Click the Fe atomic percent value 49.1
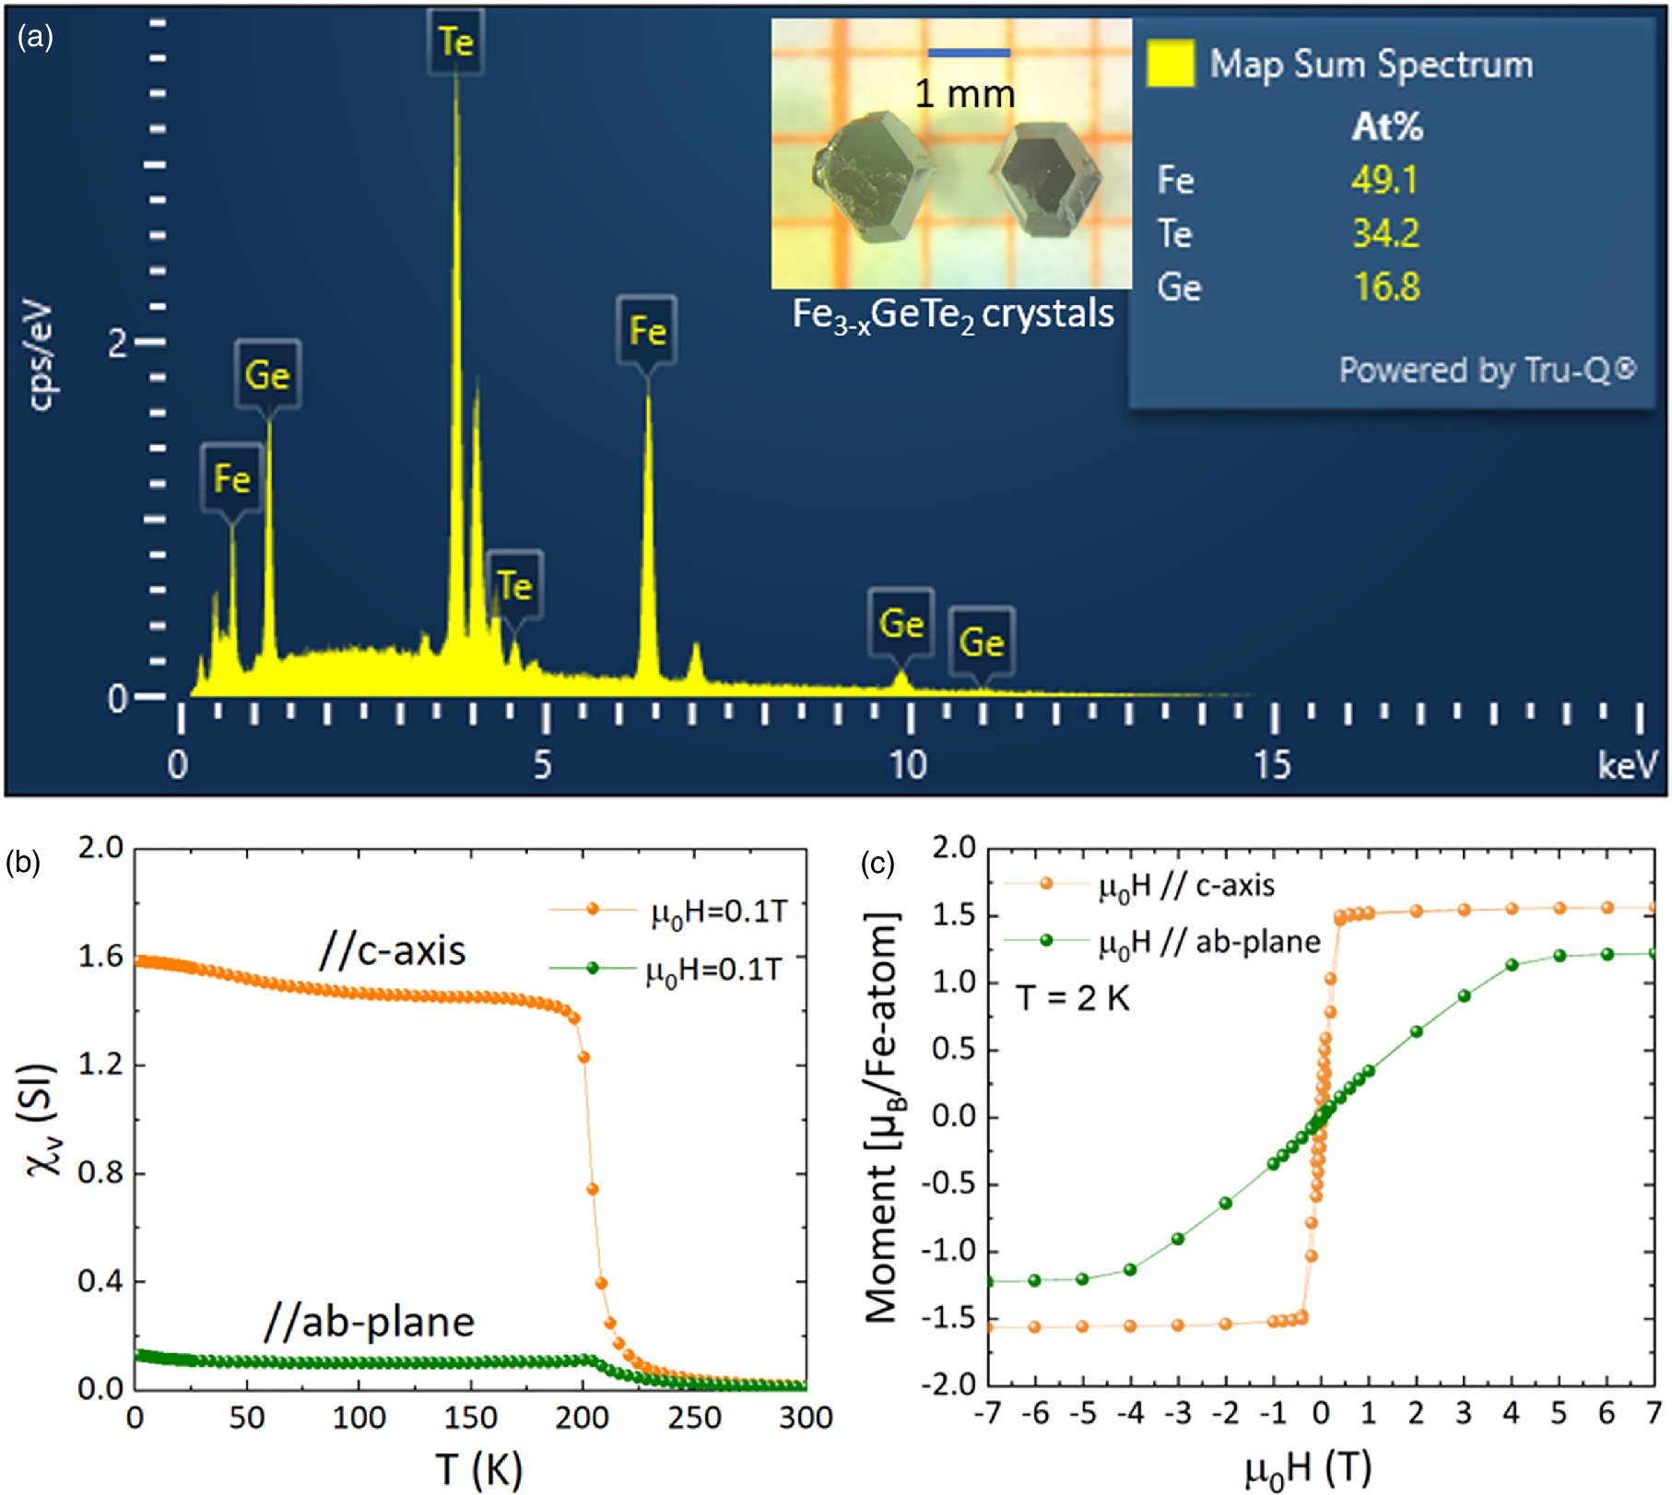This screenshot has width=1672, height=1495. click(x=1384, y=180)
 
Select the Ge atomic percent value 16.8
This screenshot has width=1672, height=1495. click(x=1386, y=287)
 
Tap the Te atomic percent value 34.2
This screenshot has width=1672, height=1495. click(x=1385, y=233)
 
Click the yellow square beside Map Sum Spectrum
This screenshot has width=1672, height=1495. click(x=1171, y=64)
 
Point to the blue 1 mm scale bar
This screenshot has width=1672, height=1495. click(x=968, y=53)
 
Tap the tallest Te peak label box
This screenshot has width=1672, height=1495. click(x=455, y=42)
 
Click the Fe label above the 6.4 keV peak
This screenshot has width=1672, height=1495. click(x=647, y=330)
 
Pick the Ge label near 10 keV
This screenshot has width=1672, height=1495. click(x=901, y=624)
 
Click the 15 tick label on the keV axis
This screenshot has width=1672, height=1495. click(x=1272, y=765)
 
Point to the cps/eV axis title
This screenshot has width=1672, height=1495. click(x=42, y=354)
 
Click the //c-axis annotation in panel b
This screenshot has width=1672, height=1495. click(x=393, y=950)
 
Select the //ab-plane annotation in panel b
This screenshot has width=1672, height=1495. click(x=369, y=1322)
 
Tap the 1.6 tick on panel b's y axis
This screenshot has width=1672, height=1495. click(x=100, y=956)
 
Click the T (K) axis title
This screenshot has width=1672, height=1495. click(x=478, y=1468)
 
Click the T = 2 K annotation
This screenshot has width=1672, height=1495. click(x=1072, y=997)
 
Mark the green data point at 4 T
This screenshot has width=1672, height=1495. click(x=1512, y=965)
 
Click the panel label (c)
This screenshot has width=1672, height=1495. click(x=877, y=864)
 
